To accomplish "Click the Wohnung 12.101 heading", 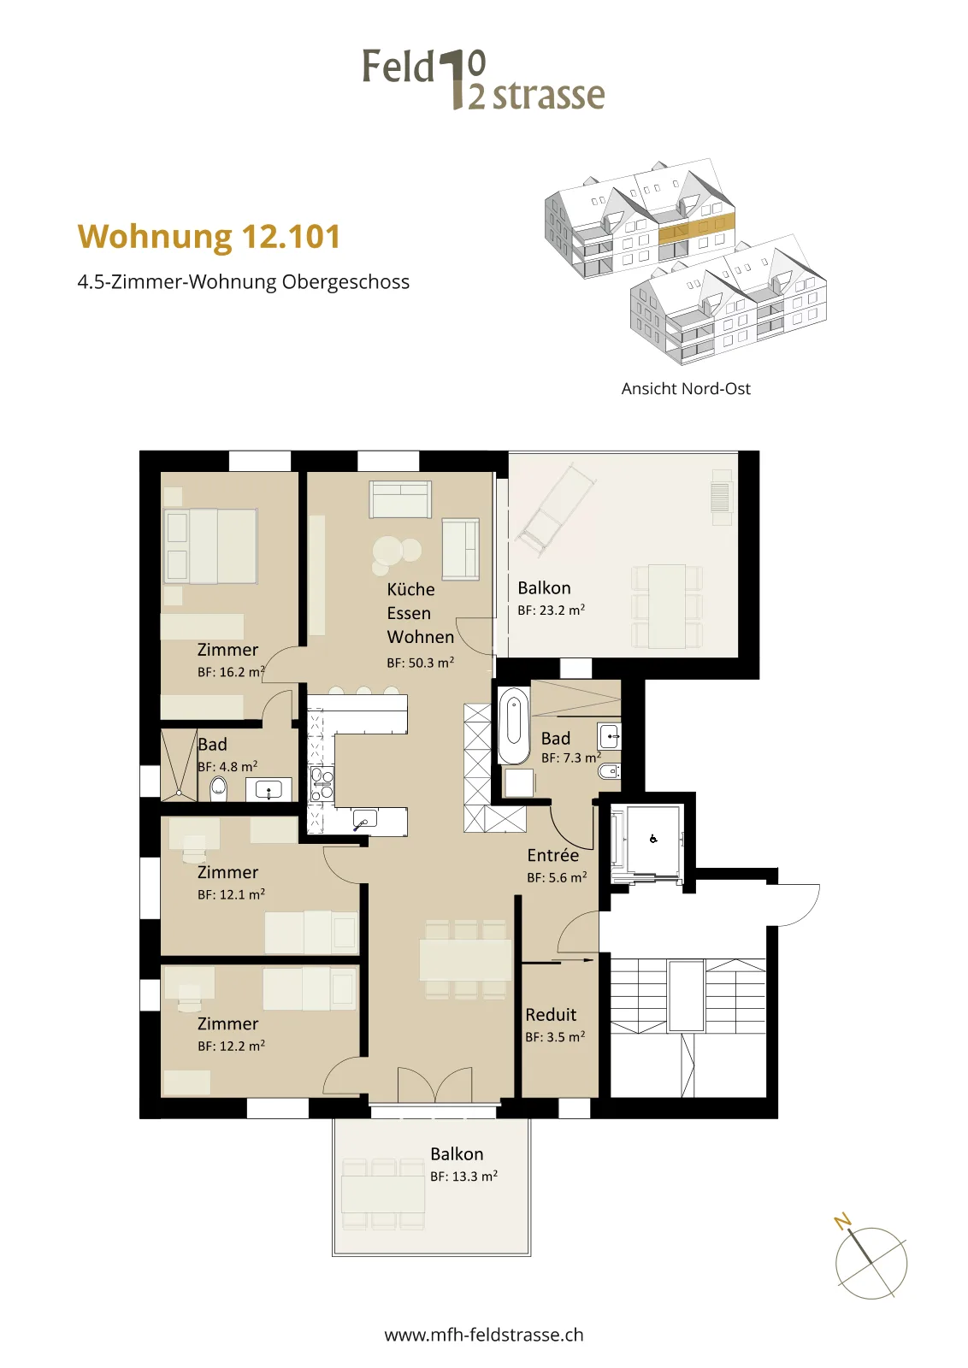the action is [209, 237].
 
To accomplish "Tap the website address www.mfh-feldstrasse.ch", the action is [484, 1335].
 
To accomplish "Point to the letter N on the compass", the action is [843, 1222].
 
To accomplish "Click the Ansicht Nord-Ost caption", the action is [686, 388].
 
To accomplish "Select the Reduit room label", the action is [551, 1014].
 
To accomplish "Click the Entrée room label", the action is [552, 855].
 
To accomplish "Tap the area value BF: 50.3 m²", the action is [420, 663].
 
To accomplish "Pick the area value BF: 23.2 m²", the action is [551, 610].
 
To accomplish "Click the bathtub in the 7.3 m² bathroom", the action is [514, 726].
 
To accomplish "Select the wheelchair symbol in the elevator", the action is [652, 839].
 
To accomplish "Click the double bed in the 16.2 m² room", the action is [210, 546].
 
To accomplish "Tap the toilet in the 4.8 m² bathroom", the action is [219, 789].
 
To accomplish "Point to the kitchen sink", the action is [364, 819].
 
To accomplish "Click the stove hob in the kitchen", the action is [322, 784].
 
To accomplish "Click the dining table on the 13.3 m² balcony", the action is [384, 1194].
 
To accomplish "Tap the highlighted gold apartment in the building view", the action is [696, 231].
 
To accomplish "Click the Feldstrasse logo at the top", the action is [484, 80].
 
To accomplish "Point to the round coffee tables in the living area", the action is [395, 554].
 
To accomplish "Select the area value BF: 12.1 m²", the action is [231, 894].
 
